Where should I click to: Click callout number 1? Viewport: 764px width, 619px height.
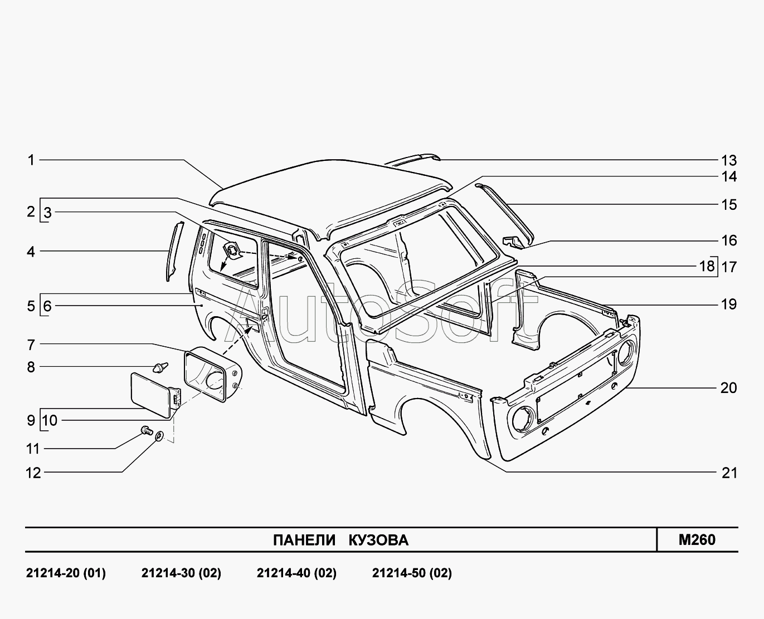tap(31, 160)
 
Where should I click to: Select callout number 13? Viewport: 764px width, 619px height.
tap(729, 161)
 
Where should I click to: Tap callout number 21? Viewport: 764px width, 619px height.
tap(729, 473)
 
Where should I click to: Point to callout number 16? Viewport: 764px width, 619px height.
tap(729, 240)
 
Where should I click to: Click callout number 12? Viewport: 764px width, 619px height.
tap(33, 473)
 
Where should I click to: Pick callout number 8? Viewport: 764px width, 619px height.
tap(31, 367)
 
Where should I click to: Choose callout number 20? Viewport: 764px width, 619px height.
tap(729, 388)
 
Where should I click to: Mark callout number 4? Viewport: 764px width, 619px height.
tap(31, 252)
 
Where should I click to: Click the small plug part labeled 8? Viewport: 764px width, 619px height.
tap(160, 367)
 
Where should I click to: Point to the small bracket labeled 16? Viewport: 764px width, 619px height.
tap(513, 241)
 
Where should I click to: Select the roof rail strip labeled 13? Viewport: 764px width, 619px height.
tap(413, 159)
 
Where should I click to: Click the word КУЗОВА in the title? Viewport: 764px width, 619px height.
tap(378, 540)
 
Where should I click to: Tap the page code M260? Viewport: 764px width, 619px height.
tap(697, 539)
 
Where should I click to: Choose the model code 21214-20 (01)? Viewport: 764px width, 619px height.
tap(66, 573)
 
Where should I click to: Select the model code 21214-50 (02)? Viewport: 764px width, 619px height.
tap(412, 573)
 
